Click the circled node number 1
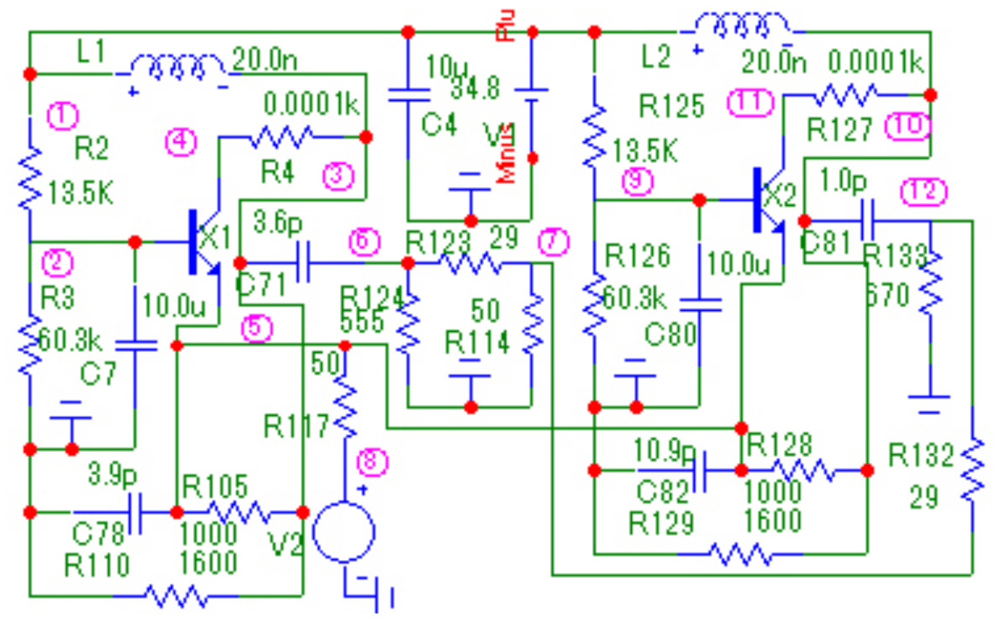pyautogui.click(x=62, y=114)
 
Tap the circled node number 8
pyautogui.click(x=374, y=460)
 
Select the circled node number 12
pyautogui.click(x=917, y=192)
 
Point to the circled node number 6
pyautogui.click(x=364, y=242)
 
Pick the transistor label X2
pyautogui.click(x=780, y=196)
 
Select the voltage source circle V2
pyautogui.click(x=343, y=532)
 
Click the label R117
pyautogui.click(x=295, y=427)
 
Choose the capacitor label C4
pyautogui.click(x=438, y=126)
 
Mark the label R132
pyautogui.click(x=922, y=458)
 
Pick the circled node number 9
pyautogui.click(x=638, y=181)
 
